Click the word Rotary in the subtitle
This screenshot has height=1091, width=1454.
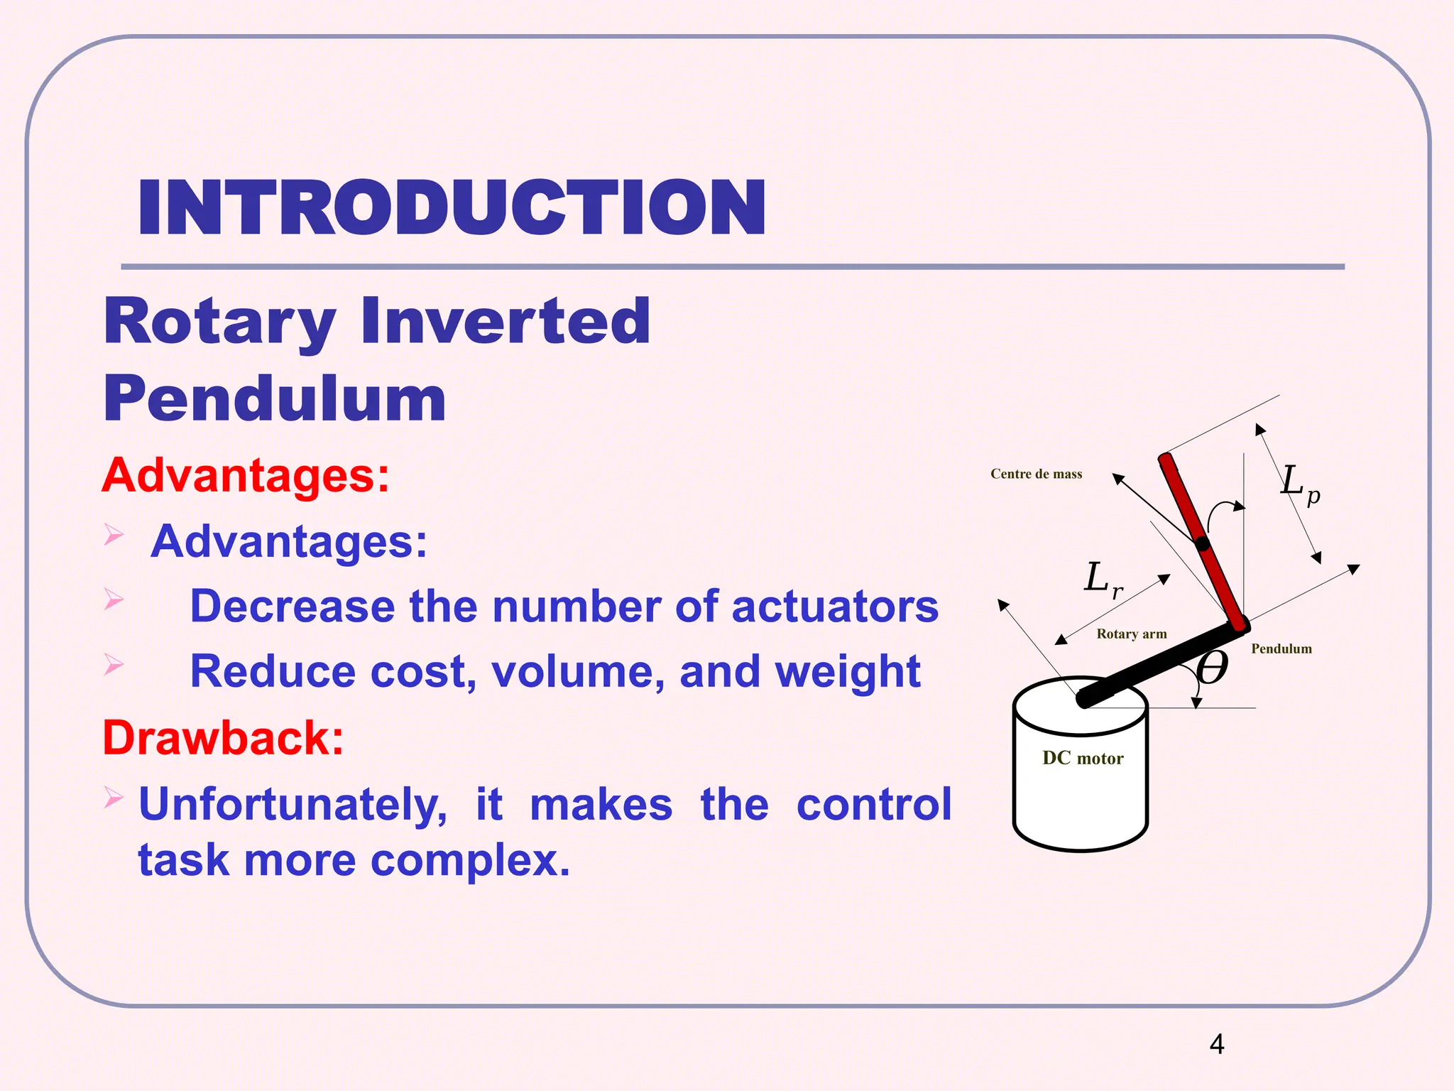pyautogui.click(x=219, y=322)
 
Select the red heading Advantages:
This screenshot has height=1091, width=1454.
pyautogui.click(x=246, y=475)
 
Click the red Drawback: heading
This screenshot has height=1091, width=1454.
pyautogui.click(x=223, y=738)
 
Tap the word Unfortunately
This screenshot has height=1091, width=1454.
pyautogui.click(x=293, y=805)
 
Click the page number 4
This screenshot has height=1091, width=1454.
pyautogui.click(x=1217, y=1044)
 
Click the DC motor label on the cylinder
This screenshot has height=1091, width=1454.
pyautogui.click(x=1083, y=759)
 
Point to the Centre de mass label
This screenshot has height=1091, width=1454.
pyautogui.click(x=1036, y=474)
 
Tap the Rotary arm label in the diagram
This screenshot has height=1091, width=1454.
pyautogui.click(x=1131, y=634)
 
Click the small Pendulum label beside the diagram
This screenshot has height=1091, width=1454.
pyautogui.click(x=1281, y=648)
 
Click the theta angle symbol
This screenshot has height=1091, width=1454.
pyautogui.click(x=1211, y=668)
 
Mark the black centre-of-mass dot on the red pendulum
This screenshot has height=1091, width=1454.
pyautogui.click(x=1202, y=545)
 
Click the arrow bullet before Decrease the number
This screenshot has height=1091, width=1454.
pyautogui.click(x=114, y=599)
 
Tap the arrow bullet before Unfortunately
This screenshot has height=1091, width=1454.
pyautogui.click(x=114, y=798)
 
